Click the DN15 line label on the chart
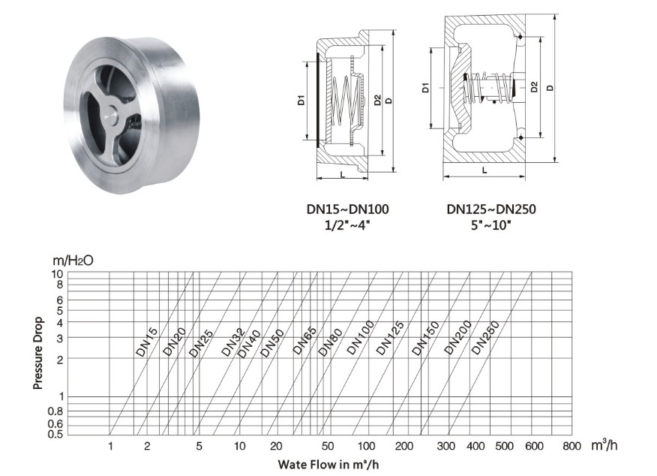pyautogui.click(x=147, y=342)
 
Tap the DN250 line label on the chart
pyautogui.click(x=486, y=338)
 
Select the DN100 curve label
pyautogui.click(x=360, y=338)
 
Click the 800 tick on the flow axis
pyautogui.click(x=571, y=446)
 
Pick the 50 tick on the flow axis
pyautogui.click(x=328, y=446)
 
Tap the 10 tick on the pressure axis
pyautogui.click(x=57, y=274)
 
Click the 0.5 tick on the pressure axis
pyautogui.click(x=55, y=434)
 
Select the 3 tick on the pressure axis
pyautogui.click(x=59, y=338)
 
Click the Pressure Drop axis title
pyautogui.click(x=37, y=353)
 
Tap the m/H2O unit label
pyautogui.click(x=73, y=261)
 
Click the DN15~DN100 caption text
pyautogui.click(x=348, y=209)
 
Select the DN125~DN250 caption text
pyautogui.click(x=491, y=209)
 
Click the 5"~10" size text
pyautogui.click(x=491, y=225)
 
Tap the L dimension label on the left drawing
pyautogui.click(x=343, y=174)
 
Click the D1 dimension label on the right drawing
pyautogui.click(x=426, y=88)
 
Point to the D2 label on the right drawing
pyautogui.click(x=534, y=87)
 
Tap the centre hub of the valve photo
pyautogui.click(x=112, y=113)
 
